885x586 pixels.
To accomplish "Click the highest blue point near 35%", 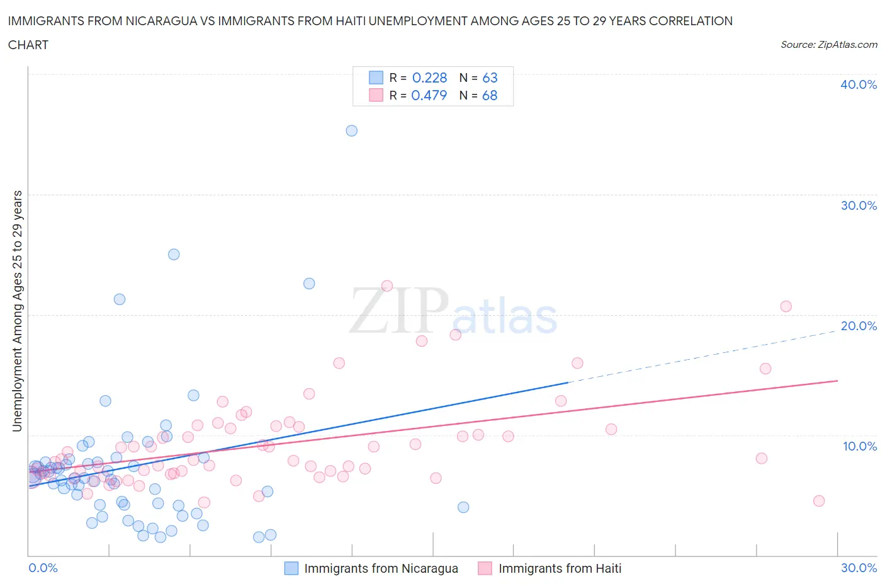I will pyautogui.click(x=351, y=130).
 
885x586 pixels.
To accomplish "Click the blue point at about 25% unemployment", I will pyautogui.click(x=174, y=255).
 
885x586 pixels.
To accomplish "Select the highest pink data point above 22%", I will pyautogui.click(x=387, y=286).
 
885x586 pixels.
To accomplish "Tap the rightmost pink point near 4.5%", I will pyautogui.click(x=818, y=501).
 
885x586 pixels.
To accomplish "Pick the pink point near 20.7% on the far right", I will pyautogui.click(x=786, y=306).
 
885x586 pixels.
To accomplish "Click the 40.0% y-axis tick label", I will pyautogui.click(x=859, y=84).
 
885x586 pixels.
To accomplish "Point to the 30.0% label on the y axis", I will pyautogui.click(x=859, y=205).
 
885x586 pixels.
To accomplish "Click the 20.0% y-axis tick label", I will pyautogui.click(x=859, y=326).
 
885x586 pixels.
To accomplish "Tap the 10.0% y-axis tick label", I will pyautogui.click(x=859, y=446).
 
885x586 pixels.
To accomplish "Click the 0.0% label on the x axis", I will pyautogui.click(x=43, y=568).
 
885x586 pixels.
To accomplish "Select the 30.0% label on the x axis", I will pyautogui.click(x=859, y=568).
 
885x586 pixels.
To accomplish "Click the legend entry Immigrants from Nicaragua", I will pyautogui.click(x=381, y=568).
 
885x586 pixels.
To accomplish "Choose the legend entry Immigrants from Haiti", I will pyautogui.click(x=560, y=568).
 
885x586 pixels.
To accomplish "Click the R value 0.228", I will pyautogui.click(x=429, y=78).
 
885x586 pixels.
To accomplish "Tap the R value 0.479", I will pyautogui.click(x=429, y=95).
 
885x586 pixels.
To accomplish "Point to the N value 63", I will pyautogui.click(x=490, y=78).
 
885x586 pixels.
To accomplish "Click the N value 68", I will pyautogui.click(x=490, y=95).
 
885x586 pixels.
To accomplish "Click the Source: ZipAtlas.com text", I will pyautogui.click(x=828, y=44).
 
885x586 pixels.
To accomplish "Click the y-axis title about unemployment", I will pyautogui.click(x=17, y=311).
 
